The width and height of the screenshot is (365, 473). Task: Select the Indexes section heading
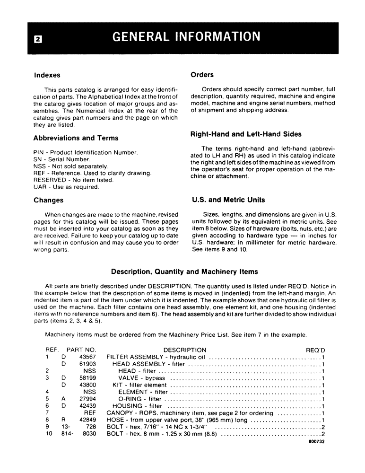click(x=47, y=75)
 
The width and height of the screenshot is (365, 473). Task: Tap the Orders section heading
click(x=202, y=74)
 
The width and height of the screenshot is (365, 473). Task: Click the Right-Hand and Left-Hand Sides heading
click(x=246, y=134)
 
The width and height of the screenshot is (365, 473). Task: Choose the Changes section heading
click(x=48, y=200)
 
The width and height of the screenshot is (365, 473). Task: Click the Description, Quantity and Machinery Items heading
click(x=184, y=272)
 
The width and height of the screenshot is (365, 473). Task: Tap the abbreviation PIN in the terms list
click(x=39, y=153)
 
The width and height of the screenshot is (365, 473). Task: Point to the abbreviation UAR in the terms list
click(x=40, y=187)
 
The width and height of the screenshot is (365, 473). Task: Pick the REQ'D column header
click(x=315, y=350)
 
